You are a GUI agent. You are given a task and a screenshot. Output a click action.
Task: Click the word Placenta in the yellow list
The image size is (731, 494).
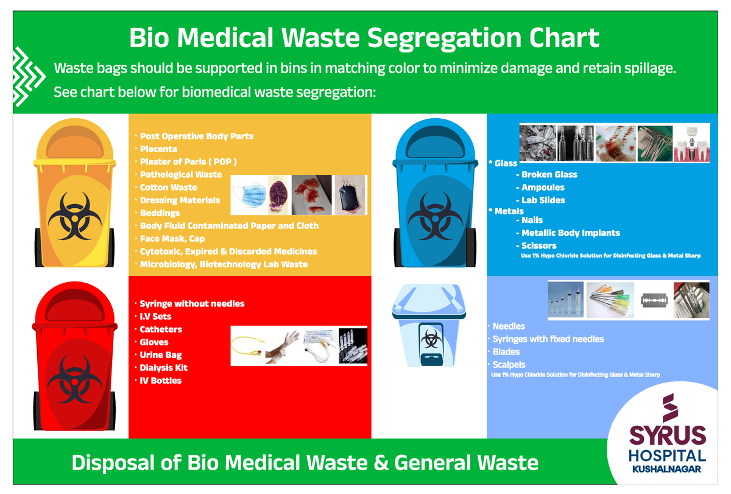pyautogui.click(x=158, y=149)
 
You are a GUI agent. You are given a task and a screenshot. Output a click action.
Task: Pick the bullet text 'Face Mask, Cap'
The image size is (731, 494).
pyautogui.click(x=172, y=239)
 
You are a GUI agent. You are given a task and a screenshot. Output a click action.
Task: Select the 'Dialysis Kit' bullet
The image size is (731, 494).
pyautogui.click(x=163, y=368)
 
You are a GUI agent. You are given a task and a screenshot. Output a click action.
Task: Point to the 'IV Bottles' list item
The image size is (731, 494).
pyautogui.click(x=161, y=381)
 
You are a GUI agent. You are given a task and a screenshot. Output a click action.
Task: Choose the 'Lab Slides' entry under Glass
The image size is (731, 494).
pyautogui.click(x=543, y=200)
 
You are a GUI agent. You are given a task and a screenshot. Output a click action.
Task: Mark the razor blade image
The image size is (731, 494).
pyautogui.click(x=655, y=300)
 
